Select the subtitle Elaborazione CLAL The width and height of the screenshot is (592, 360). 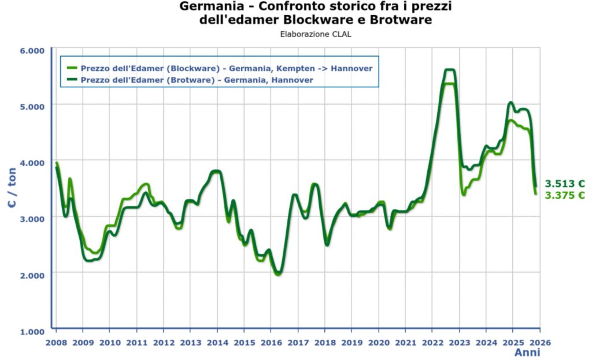(315, 34)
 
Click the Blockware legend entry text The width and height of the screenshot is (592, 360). (226, 68)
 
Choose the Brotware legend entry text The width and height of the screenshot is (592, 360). (197, 80)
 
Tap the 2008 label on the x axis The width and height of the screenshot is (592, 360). (56, 342)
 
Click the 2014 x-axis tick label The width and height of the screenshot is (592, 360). (217, 342)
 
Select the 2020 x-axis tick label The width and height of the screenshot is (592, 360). (379, 342)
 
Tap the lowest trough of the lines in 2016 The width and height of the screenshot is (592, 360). (278, 274)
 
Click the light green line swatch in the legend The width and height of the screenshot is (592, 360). (72, 68)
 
